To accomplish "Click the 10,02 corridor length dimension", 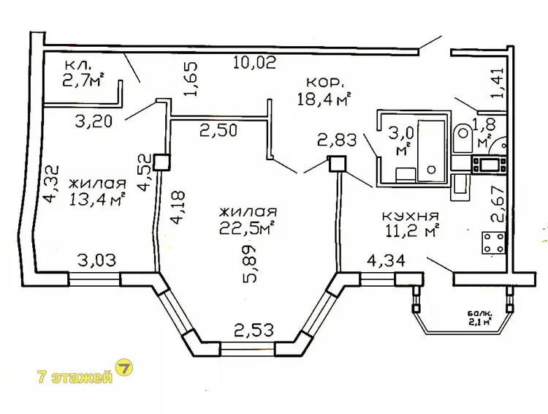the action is pyautogui.click(x=255, y=63).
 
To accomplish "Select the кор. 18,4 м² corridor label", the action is pyautogui.click(x=324, y=91).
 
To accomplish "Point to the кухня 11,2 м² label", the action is pyautogui.click(x=411, y=225).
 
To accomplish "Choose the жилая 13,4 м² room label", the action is pyautogui.click(x=97, y=192).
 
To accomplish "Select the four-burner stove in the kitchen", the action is pyautogui.click(x=493, y=243).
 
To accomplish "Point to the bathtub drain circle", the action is pyautogui.click(x=432, y=170).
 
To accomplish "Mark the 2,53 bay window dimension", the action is pyautogui.click(x=254, y=330).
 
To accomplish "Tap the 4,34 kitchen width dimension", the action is pyautogui.click(x=386, y=260).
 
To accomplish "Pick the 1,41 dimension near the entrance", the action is pyautogui.click(x=497, y=83).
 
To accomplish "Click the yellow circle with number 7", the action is pyautogui.click(x=124, y=368).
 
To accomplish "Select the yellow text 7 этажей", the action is pyautogui.click(x=75, y=377).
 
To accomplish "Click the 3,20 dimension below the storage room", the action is pyautogui.click(x=94, y=121).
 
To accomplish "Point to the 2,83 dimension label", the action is pyautogui.click(x=337, y=140).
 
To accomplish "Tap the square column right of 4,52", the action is pyautogui.click(x=161, y=162).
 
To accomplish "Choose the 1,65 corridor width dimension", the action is pyautogui.click(x=191, y=79).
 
